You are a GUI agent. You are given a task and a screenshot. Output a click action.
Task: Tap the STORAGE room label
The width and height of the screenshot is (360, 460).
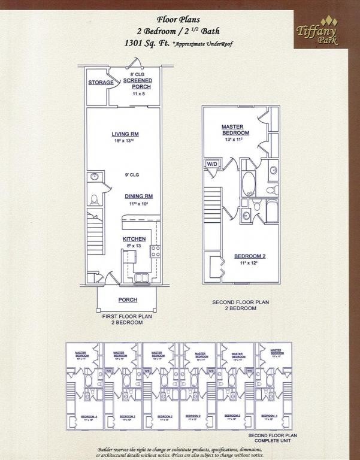coord(101,83)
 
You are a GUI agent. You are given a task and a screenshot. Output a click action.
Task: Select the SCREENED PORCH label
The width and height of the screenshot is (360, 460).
coord(138,83)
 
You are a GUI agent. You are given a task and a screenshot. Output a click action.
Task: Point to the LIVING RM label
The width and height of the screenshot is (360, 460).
coord(125,134)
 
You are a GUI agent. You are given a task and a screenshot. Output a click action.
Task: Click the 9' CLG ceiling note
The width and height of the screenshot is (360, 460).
coord(131,175)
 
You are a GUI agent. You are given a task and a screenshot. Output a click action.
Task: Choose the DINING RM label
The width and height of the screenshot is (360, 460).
coord(138,196)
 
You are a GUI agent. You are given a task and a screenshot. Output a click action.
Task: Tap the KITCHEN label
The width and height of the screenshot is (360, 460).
coord(134,239)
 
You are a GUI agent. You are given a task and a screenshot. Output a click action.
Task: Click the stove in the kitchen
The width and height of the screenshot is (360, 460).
coord(155,251)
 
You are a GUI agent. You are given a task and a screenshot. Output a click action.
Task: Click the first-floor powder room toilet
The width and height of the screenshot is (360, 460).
coord(94,199)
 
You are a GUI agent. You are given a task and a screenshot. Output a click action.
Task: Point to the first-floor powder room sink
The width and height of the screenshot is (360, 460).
coord(94,177)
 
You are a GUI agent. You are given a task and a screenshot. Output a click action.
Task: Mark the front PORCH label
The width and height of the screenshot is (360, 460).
coord(128,299)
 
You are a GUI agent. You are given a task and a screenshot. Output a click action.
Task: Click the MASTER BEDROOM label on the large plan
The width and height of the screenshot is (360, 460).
coord(235,129)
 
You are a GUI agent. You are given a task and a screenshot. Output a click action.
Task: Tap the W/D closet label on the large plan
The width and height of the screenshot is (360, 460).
coord(212,164)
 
